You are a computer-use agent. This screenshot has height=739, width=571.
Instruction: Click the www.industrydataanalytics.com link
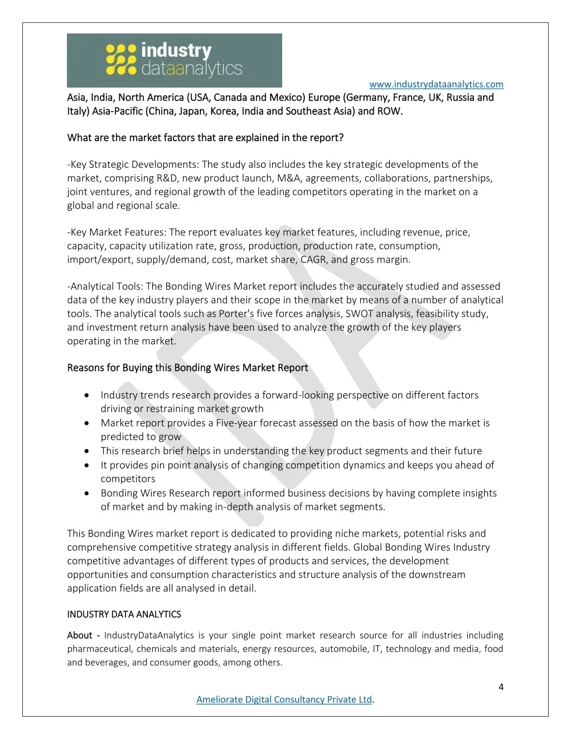pyautogui.click(x=436, y=84)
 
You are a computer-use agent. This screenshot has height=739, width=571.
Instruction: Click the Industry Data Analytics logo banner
pyautogui.click(x=174, y=60)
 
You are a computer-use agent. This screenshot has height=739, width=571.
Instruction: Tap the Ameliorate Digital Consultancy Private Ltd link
pyautogui.click(x=284, y=699)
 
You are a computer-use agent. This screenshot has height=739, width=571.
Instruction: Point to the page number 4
pyautogui.click(x=501, y=687)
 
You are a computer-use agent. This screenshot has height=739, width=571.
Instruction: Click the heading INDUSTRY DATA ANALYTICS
pyautogui.click(x=124, y=614)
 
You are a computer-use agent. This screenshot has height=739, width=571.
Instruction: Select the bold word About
pyautogui.click(x=80, y=635)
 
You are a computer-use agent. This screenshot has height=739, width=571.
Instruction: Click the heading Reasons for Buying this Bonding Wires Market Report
pyautogui.click(x=187, y=368)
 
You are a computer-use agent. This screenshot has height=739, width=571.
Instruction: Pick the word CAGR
pyautogui.click(x=314, y=259)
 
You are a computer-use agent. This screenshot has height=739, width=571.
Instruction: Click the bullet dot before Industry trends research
pyautogui.click(x=87, y=395)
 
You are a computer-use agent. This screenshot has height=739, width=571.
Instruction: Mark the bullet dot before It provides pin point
pyautogui.click(x=87, y=465)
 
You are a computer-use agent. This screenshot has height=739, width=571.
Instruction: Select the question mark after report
pyautogui.click(x=341, y=138)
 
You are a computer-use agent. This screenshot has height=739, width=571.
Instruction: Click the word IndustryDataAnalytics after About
pyautogui.click(x=149, y=635)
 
